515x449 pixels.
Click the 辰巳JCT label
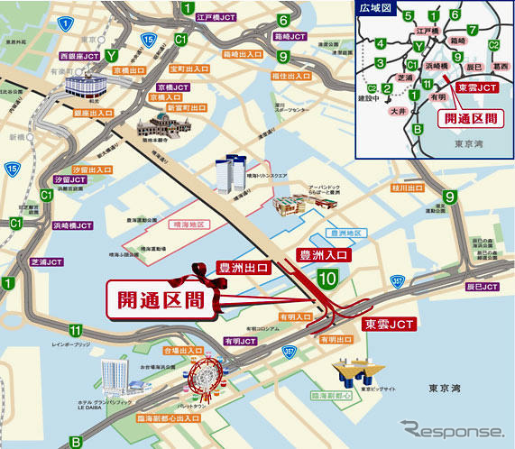pyautogui.click(x=480, y=287)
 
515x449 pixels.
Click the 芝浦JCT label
pyautogui.click(x=46, y=262)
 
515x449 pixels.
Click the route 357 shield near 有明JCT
pyautogui.click(x=289, y=351)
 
